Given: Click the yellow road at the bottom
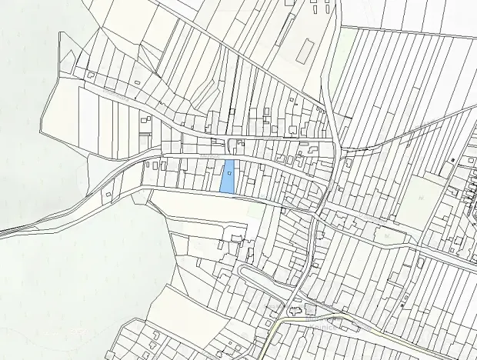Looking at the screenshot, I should point(274,338).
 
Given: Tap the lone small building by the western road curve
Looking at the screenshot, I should point(108,192).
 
